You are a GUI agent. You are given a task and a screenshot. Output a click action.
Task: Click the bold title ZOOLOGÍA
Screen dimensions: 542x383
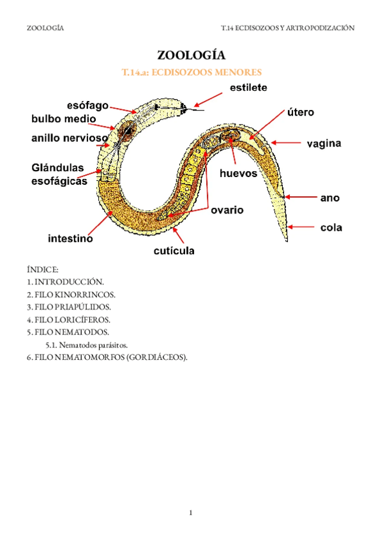(191, 56)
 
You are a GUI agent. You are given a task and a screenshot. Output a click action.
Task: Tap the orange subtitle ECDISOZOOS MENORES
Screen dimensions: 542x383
(191, 73)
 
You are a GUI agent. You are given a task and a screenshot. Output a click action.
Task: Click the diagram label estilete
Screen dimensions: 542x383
(244, 87)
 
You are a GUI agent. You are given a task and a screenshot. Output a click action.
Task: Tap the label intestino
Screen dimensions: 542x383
(71, 239)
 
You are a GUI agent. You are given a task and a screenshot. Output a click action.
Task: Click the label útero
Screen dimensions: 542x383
(300, 112)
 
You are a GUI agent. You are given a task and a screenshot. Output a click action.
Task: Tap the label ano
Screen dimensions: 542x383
(329, 198)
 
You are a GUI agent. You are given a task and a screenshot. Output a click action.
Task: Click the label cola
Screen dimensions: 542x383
(331, 226)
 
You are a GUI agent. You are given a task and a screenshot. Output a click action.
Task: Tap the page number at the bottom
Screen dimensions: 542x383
(191, 512)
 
